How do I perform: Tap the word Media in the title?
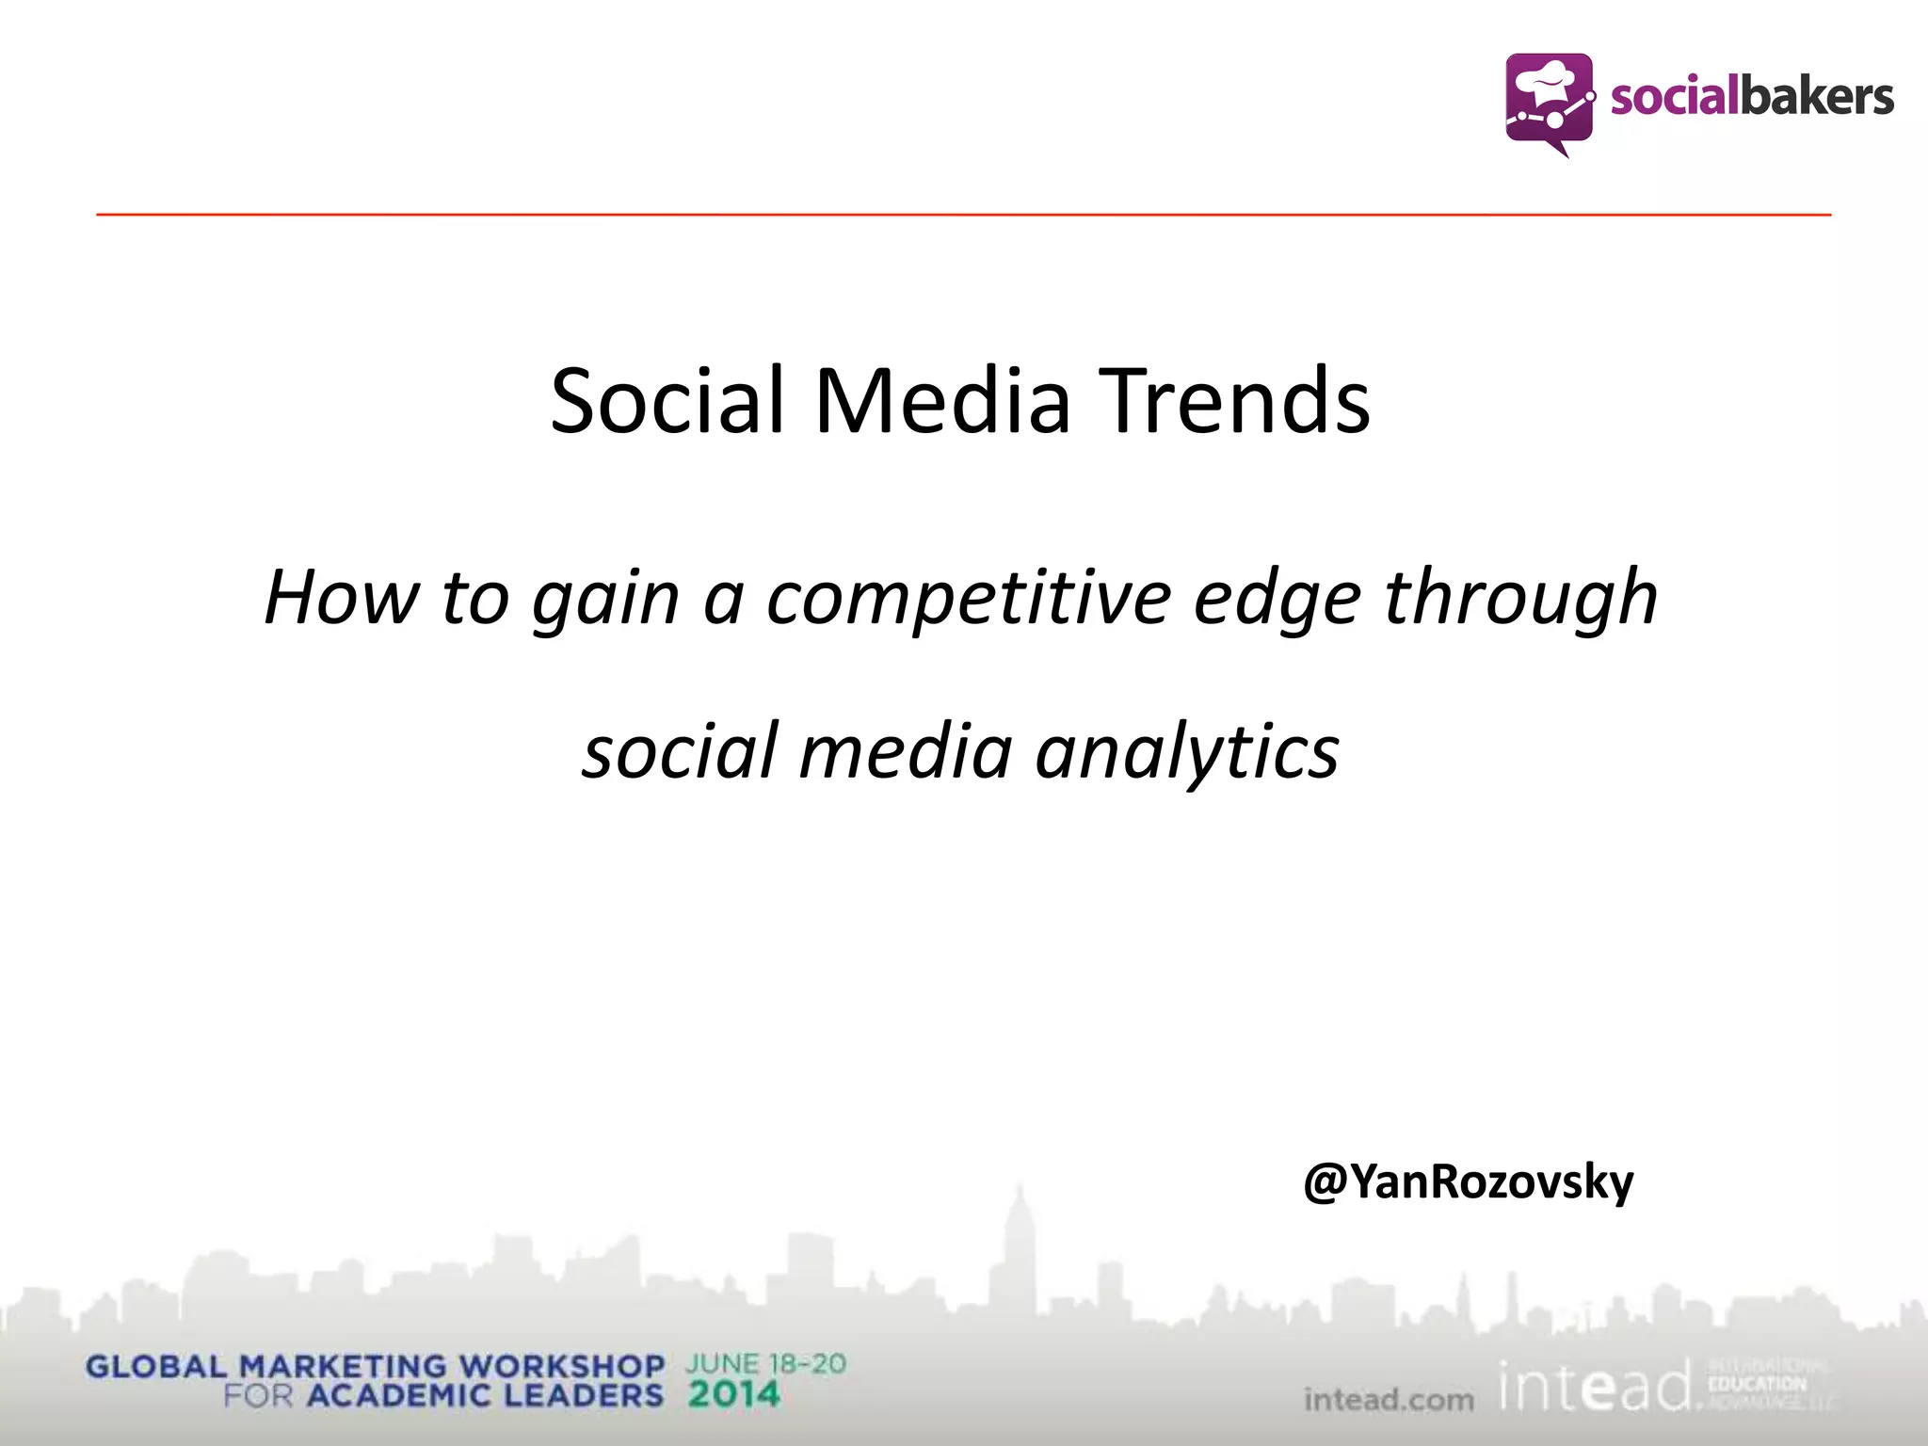coord(942,401)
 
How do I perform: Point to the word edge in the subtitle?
coord(1277,600)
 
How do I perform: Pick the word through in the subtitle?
coord(1520,598)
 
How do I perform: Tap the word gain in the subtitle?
coord(605,600)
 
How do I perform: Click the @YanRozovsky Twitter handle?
coord(1468,1182)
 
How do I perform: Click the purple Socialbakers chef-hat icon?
coord(1550,102)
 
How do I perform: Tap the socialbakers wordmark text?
coord(1751,98)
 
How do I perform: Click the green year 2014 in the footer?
coord(733,1394)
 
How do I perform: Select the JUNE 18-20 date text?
coord(765,1363)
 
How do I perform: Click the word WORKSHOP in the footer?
coord(561,1366)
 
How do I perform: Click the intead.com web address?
coord(1389,1400)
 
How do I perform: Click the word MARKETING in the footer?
coord(343,1366)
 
